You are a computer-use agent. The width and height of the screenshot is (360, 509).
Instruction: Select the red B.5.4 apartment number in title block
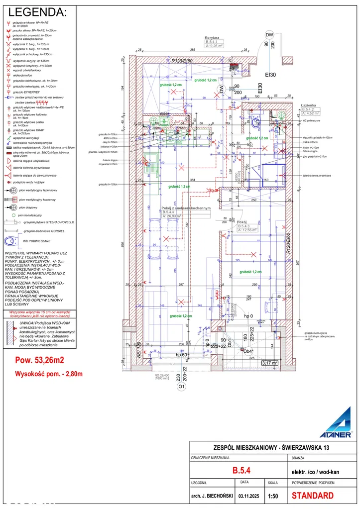pyautogui.click(x=241, y=470)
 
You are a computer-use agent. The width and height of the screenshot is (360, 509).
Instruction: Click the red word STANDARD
pyautogui.click(x=312, y=496)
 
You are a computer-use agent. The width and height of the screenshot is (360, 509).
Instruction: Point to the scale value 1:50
pyautogui.click(x=272, y=496)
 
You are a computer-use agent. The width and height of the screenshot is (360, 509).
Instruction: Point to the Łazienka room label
pyautogui.click(x=309, y=106)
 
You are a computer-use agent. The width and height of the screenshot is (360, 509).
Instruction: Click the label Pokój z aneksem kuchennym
pyautogui.click(x=186, y=208)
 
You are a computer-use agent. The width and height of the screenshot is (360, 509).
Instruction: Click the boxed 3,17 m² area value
pyautogui.click(x=270, y=363)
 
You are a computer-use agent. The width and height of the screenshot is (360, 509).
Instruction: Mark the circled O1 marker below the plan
pyautogui.click(x=182, y=386)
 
